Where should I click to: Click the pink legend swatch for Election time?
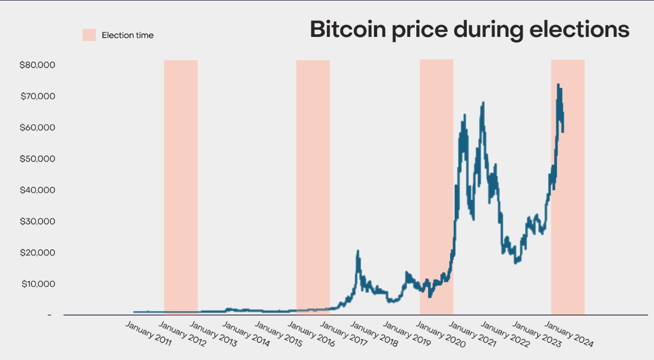(89, 35)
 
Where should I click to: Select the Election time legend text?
(128, 35)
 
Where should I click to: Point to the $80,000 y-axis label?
(37, 65)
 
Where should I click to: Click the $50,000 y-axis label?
(37, 159)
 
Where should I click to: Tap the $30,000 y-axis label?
(37, 222)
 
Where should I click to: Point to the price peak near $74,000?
(558, 85)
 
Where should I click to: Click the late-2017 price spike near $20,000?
(358, 251)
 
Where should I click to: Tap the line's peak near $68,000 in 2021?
(482, 103)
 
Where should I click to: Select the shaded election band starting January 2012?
(181, 185)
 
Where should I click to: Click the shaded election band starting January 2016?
(313, 185)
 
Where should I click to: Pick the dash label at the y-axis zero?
(49, 315)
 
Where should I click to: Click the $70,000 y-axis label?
(37, 97)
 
